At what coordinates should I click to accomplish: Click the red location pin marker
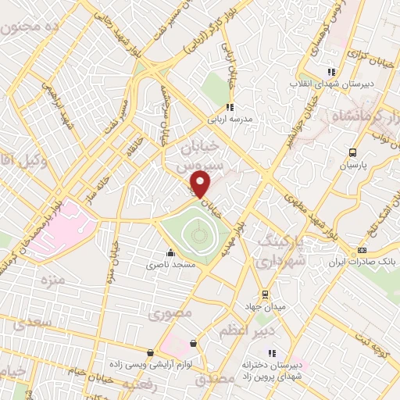pos(202,184)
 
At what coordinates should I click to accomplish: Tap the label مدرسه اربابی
pos(230,121)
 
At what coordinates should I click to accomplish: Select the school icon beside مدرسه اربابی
pos(230,108)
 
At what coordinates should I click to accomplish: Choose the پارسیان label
pos(352,166)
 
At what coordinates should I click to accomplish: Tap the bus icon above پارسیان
pos(353,153)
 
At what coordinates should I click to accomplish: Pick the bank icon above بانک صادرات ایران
pos(361,251)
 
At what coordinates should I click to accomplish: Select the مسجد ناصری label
pos(171,266)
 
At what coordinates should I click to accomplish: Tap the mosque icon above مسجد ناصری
pos(171,252)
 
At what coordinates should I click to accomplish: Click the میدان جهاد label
pos(266,307)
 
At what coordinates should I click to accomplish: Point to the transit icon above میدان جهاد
pos(266,295)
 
